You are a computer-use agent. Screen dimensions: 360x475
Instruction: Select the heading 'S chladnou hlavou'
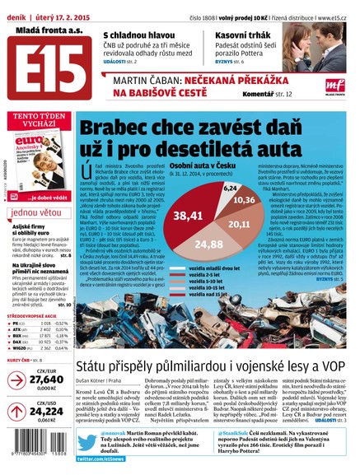tap(140, 36)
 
